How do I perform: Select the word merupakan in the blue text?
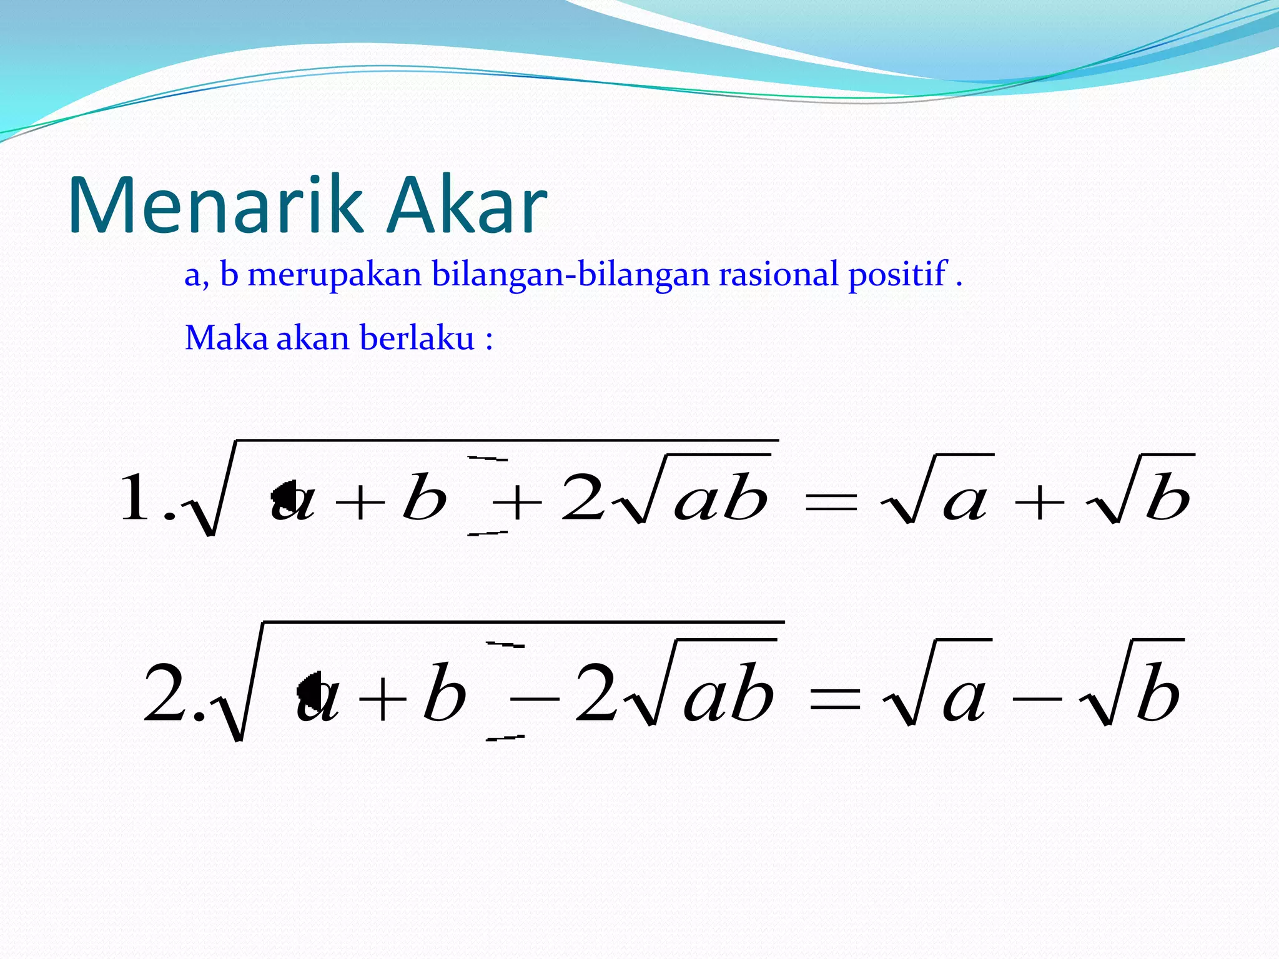pos(334,275)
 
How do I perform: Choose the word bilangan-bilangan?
pos(571,275)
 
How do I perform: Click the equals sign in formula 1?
pos(831,503)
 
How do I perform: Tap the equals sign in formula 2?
pos(834,699)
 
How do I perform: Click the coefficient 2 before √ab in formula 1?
pos(583,497)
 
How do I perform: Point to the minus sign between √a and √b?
pos(1037,699)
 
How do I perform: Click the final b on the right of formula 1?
pos(1168,497)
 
